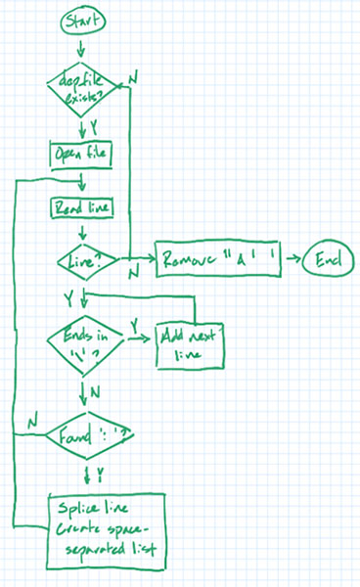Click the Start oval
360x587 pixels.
click(x=82, y=20)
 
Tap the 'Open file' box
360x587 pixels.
click(x=81, y=155)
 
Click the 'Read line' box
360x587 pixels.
click(x=82, y=207)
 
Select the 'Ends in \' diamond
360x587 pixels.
click(x=84, y=341)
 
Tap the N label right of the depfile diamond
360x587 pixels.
click(x=134, y=73)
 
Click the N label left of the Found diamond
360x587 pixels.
click(x=32, y=421)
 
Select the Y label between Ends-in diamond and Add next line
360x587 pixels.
click(x=135, y=323)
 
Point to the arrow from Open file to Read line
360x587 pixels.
click(x=81, y=182)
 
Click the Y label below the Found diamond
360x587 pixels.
click(x=100, y=475)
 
